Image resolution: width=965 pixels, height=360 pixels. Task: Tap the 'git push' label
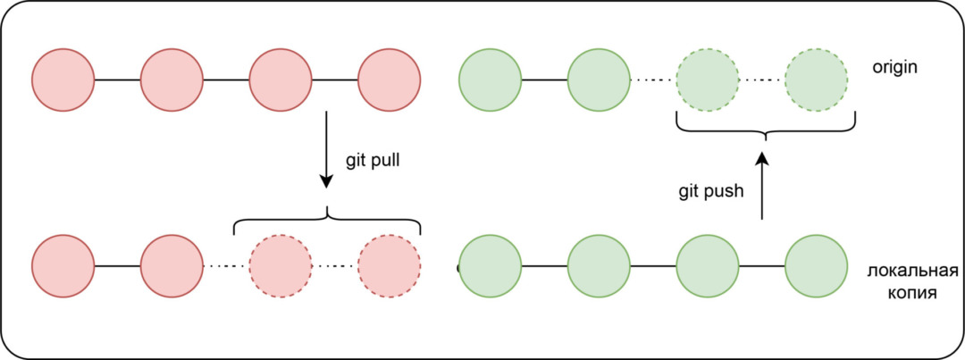coord(709,190)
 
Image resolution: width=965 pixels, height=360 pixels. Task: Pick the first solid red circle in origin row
coord(63,80)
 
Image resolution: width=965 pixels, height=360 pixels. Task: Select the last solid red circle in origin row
coord(390,80)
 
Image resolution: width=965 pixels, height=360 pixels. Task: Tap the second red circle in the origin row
coord(172,80)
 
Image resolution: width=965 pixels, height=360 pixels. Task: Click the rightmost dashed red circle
coord(390,266)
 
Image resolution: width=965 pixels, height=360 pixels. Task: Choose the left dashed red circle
coord(281,266)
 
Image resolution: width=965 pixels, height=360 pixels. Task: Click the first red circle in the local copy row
coord(63,266)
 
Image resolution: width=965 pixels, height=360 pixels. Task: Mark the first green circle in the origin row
coord(489,80)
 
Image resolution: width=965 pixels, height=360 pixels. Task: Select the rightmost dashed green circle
coord(817,80)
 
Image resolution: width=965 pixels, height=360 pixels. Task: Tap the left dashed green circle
coord(708,80)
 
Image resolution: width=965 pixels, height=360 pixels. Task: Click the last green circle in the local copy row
coord(817,266)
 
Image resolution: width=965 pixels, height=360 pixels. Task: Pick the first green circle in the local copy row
coord(489,266)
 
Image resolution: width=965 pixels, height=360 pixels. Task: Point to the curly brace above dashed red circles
coord(327,219)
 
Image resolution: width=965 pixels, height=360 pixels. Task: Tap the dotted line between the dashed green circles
coord(762,80)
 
